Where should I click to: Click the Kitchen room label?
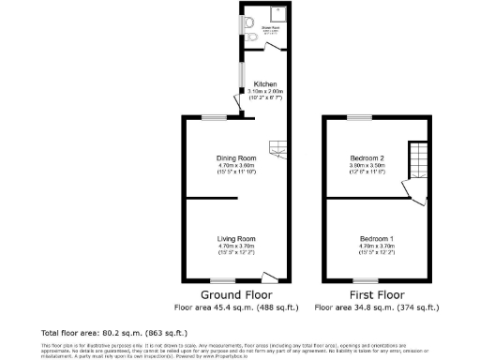pyautogui.click(x=263, y=83)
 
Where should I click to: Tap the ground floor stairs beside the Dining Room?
pyautogui.click(x=277, y=147)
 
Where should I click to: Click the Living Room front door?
pyautogui.click(x=269, y=277)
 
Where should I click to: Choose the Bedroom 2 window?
pyautogui.click(x=357, y=116)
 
